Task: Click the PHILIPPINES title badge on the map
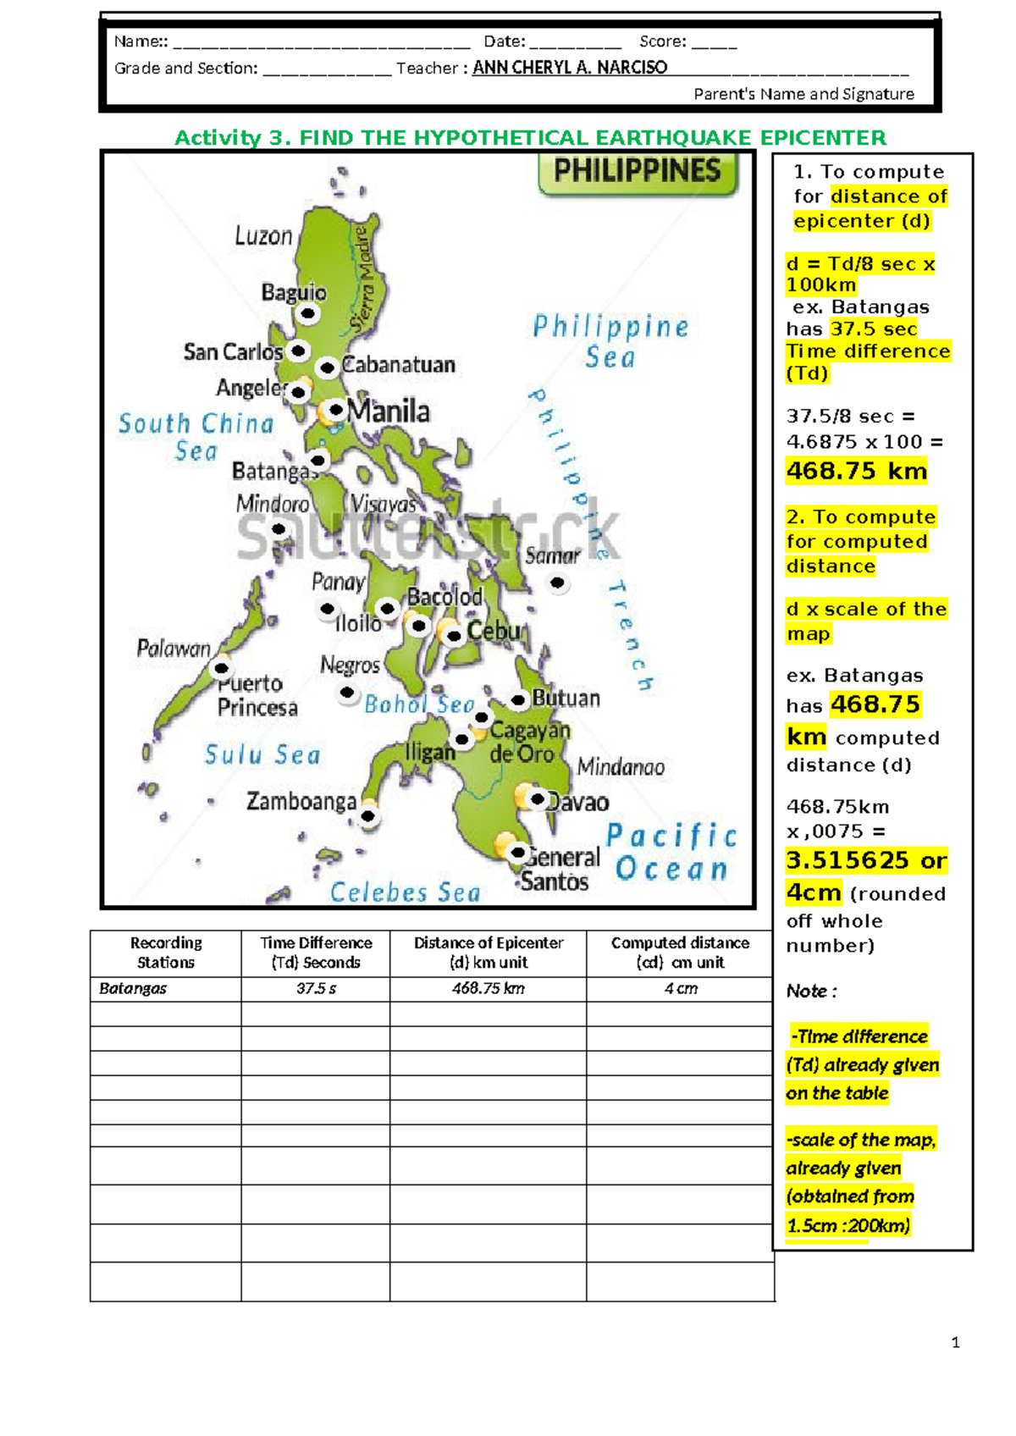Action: coord(638,172)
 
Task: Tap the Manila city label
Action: coord(389,411)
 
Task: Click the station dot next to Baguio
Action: coord(308,314)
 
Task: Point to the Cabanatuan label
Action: coord(399,365)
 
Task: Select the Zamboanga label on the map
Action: coord(301,801)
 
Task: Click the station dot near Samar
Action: coord(557,583)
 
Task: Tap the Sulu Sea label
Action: coord(262,754)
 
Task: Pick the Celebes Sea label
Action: coord(405,892)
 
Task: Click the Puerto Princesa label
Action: coord(257,695)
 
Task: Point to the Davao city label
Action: coord(578,802)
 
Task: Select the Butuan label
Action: coord(566,699)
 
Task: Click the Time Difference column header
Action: coord(316,953)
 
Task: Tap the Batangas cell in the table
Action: coord(133,988)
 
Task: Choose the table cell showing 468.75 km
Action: coord(489,988)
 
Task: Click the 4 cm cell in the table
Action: coord(681,988)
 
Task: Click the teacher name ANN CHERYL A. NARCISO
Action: coord(570,68)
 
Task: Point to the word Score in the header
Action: coord(662,41)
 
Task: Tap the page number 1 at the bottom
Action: coord(956,1342)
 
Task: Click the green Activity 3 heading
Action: coord(530,138)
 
